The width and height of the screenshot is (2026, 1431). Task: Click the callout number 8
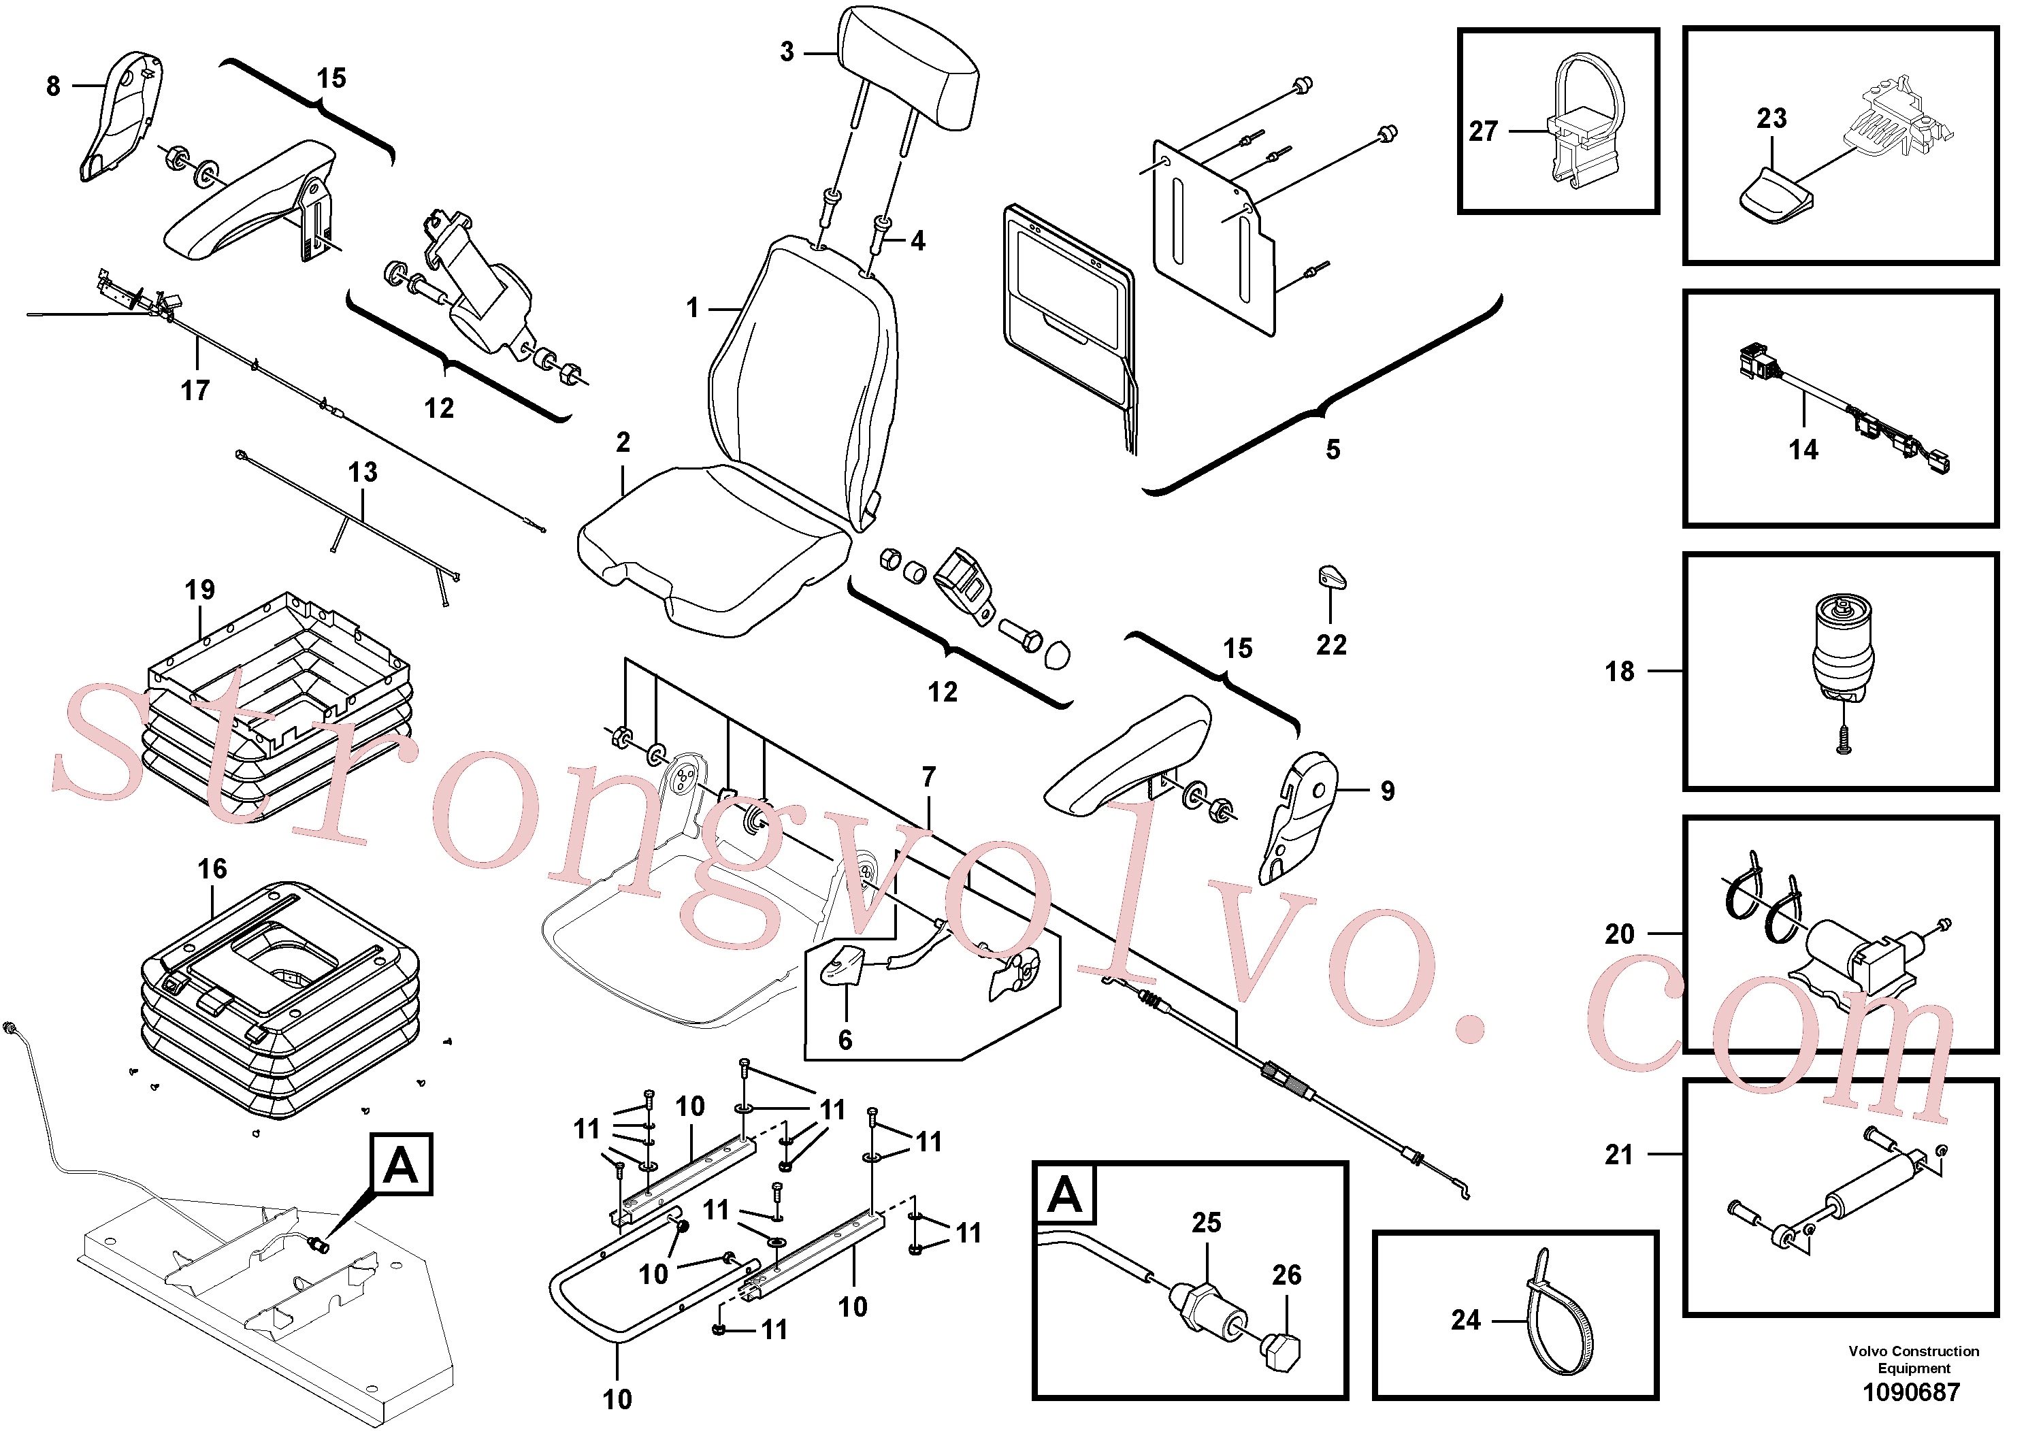[x=53, y=86]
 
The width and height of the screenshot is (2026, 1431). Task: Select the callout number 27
[x=1484, y=131]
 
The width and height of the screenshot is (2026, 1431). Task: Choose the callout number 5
[x=1333, y=450]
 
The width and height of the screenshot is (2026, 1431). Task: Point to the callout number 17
[x=195, y=390]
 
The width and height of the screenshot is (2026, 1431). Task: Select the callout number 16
[x=212, y=869]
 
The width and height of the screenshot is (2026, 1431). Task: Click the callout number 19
[x=199, y=590]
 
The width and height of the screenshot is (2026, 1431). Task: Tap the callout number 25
[x=1206, y=1223]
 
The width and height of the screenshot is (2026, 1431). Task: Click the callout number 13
[x=363, y=473]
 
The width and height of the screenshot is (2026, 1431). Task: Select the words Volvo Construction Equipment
[x=1913, y=1360]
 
